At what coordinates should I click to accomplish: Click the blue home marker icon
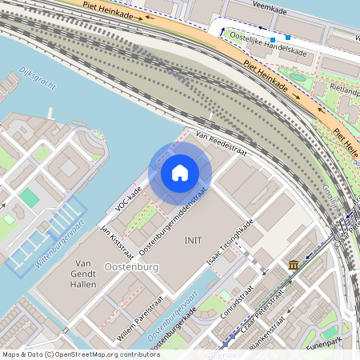180,173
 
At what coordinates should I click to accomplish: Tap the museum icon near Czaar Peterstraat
294,265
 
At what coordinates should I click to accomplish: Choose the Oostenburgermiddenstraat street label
173,223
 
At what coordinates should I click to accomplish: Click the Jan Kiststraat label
112,236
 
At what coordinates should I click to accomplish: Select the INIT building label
193,240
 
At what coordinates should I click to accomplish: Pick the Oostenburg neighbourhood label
132,266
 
